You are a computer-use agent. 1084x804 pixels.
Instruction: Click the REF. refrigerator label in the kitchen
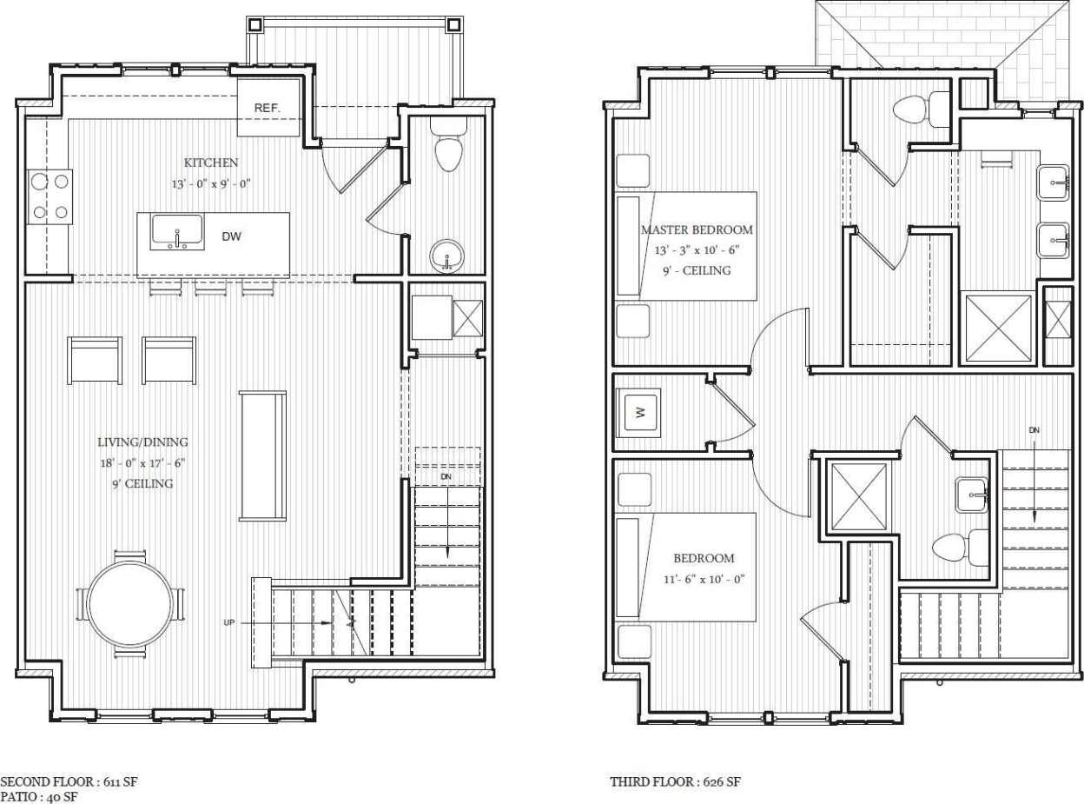click(x=266, y=108)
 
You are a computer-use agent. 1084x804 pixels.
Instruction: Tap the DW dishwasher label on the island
click(x=231, y=236)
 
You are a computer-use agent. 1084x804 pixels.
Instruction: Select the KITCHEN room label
click(x=210, y=163)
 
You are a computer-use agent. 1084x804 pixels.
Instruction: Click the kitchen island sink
click(x=177, y=232)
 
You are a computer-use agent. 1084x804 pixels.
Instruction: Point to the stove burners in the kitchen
click(x=50, y=196)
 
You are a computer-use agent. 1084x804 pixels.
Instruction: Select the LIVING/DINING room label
click(x=142, y=442)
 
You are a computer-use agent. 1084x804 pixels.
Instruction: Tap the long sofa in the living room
click(x=262, y=455)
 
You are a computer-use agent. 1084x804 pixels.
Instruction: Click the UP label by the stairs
click(x=229, y=622)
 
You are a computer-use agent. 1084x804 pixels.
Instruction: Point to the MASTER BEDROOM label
click(x=696, y=230)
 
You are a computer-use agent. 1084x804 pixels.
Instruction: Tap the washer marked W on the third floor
click(x=640, y=413)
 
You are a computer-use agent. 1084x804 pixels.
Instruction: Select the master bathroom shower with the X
click(x=998, y=328)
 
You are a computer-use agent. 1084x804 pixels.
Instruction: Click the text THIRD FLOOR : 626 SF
click(x=675, y=782)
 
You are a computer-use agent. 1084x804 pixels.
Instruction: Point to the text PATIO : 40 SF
click(x=39, y=796)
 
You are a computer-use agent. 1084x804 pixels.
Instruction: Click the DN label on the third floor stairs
click(x=1034, y=429)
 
